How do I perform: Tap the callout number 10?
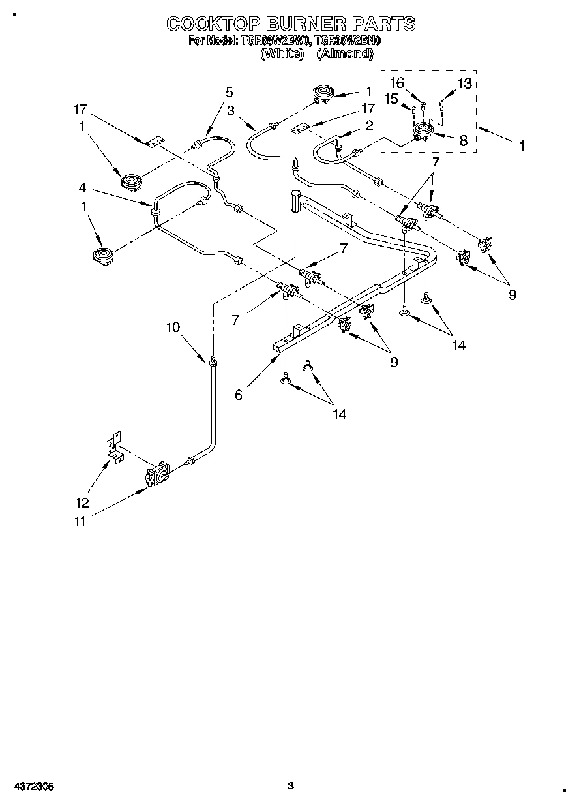pos(173,327)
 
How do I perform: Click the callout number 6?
pos(239,395)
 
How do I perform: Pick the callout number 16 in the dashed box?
pos(397,82)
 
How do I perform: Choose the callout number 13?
pos(464,83)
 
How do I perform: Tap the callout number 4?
pos(82,188)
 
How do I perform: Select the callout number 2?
pos(369,125)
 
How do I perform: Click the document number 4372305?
pos(32,786)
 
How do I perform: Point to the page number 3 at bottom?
pos(291,785)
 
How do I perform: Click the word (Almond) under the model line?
pos(344,54)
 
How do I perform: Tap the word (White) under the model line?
pos(282,54)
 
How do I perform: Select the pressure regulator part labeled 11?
pos(158,474)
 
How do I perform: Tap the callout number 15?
pos(391,99)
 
